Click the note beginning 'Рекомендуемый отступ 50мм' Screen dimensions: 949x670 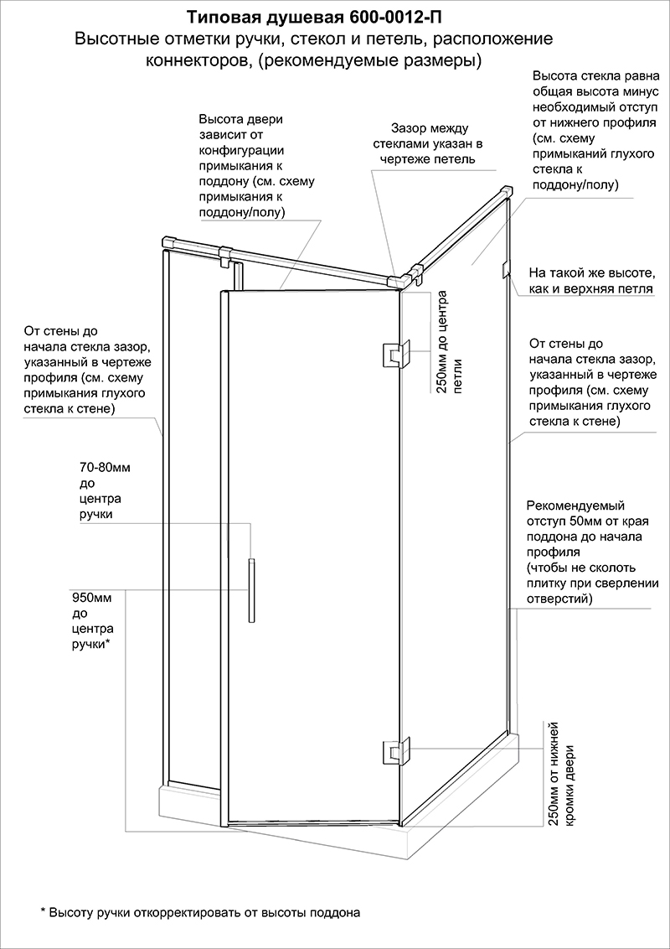[590, 552]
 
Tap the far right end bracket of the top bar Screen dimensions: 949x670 [505, 191]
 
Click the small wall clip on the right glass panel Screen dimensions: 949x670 [505, 270]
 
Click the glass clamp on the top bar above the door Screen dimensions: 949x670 [224, 255]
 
